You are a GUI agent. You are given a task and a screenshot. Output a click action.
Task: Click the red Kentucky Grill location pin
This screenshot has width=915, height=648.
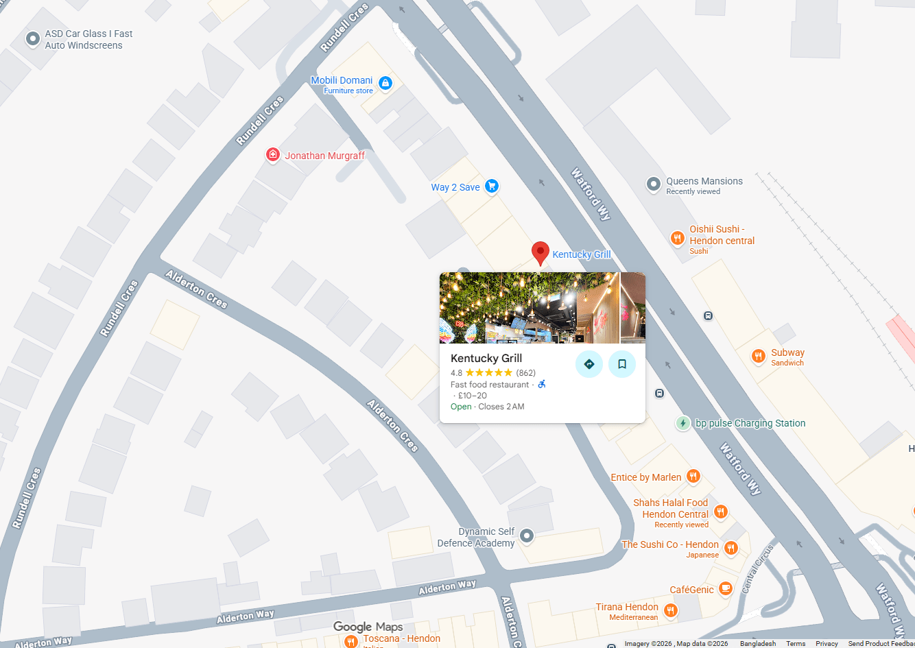coord(540,252)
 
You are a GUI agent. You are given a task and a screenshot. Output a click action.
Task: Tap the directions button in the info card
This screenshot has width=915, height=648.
coord(589,364)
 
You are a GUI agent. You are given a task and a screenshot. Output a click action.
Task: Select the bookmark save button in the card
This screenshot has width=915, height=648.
coord(622,364)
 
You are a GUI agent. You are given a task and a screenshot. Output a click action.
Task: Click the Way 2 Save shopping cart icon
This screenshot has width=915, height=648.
coord(491,186)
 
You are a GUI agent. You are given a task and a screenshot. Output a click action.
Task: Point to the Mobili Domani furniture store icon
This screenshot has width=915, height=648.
coord(385,84)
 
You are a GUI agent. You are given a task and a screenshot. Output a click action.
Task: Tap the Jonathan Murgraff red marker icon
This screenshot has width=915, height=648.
coord(273,155)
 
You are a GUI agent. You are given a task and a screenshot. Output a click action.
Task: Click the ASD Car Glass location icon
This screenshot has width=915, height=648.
coord(33,39)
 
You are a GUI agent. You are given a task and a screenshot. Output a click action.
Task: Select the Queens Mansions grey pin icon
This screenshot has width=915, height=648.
coord(654,184)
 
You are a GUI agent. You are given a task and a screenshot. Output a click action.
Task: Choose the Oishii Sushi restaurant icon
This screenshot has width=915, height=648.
coord(677,238)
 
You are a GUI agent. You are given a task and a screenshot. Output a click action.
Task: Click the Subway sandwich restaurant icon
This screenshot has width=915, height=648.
coord(759,355)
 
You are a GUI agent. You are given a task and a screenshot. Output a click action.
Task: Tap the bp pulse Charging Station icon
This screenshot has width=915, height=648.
coord(683,423)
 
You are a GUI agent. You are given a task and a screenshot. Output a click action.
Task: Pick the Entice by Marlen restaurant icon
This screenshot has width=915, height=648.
coord(693,476)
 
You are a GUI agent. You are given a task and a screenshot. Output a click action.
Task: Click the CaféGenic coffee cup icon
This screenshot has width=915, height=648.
coord(726,588)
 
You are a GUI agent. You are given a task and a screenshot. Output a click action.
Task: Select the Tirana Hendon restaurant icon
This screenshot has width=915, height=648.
coord(671,610)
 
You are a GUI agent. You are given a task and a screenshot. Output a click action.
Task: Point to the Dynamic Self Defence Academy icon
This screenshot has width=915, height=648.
coord(527,536)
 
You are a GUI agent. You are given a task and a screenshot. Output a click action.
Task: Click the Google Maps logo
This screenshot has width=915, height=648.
coord(368,627)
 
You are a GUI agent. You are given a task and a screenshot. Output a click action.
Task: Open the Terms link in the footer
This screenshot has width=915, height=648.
coord(796,643)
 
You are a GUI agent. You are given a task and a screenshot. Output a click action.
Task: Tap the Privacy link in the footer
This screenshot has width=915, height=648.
coord(827,643)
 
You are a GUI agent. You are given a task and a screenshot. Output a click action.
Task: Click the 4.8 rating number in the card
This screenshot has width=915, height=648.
coord(456,373)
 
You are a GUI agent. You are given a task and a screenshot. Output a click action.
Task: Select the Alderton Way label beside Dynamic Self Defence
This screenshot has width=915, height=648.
coord(447,587)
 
